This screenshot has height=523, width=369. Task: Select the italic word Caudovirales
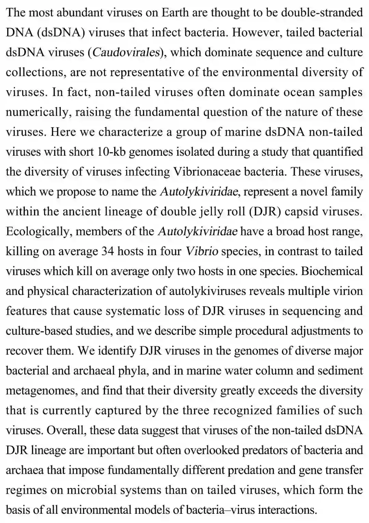coord(125,52)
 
